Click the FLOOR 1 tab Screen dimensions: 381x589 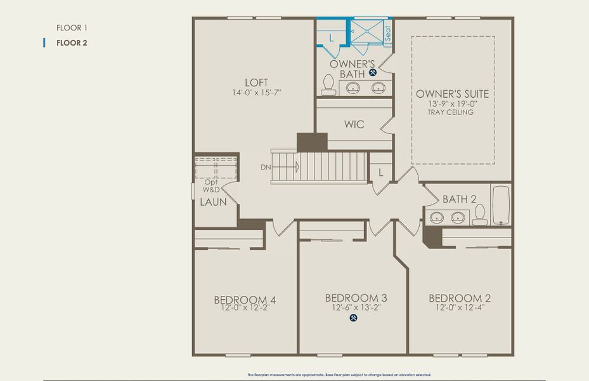click(x=72, y=28)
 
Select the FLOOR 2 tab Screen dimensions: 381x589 click(x=72, y=43)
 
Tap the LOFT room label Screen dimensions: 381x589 click(x=256, y=83)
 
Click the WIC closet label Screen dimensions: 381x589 click(x=354, y=124)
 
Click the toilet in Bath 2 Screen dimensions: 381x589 click(x=480, y=215)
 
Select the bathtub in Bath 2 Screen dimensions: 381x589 click(x=501, y=205)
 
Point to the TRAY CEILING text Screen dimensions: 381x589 click(x=451, y=112)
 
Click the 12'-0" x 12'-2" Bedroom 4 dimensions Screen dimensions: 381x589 click(x=245, y=309)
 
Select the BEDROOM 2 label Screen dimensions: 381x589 click(x=460, y=298)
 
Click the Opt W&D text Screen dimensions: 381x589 click(x=210, y=186)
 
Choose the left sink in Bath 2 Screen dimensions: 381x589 click(x=437, y=218)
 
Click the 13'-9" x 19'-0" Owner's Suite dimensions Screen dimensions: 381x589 click(x=451, y=104)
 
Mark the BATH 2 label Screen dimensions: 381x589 click(x=460, y=199)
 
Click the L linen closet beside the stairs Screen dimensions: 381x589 click(x=380, y=172)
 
